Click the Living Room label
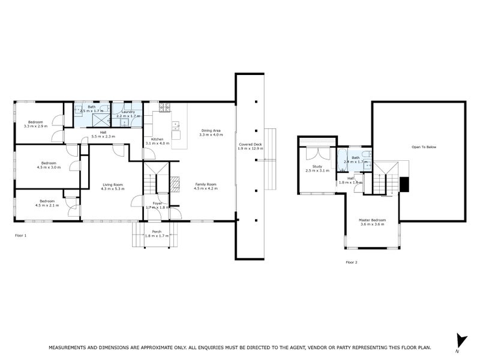tap(113, 185)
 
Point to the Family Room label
tap(205, 184)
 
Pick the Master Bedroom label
tap(372, 220)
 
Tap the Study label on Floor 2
tap(317, 166)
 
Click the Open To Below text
tap(424, 146)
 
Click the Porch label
tap(157, 231)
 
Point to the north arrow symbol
tap(460, 340)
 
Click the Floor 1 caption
tap(21, 236)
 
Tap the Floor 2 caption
tap(352, 262)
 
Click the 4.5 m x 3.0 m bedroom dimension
tap(49, 167)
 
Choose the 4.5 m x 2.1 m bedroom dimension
tap(48, 205)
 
